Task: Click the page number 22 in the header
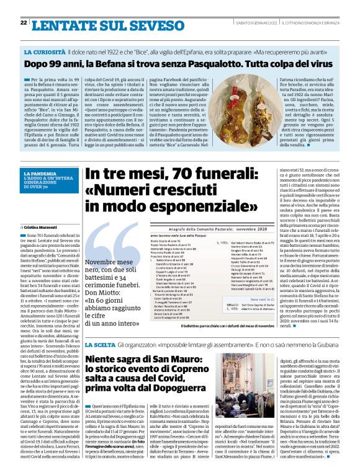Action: tap(23, 24)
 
